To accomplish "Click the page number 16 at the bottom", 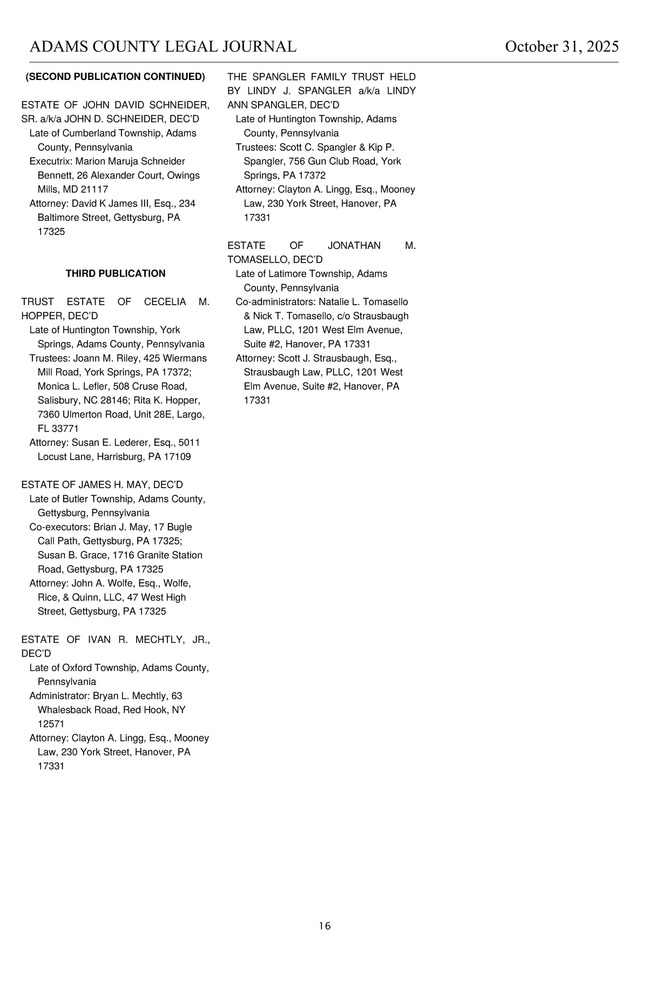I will pos(325,926).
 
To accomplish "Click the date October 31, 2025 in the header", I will pos(562,47).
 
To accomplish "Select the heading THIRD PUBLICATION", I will pos(116,274).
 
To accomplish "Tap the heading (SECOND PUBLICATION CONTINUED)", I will pos(116,77).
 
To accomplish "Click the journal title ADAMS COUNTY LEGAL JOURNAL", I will pos(163,47).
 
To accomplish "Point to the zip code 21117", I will pos(94,190).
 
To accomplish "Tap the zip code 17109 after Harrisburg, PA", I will pos(177,456).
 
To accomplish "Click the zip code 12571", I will pos(51,724).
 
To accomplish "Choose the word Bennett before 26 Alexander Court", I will pos(55,176).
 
